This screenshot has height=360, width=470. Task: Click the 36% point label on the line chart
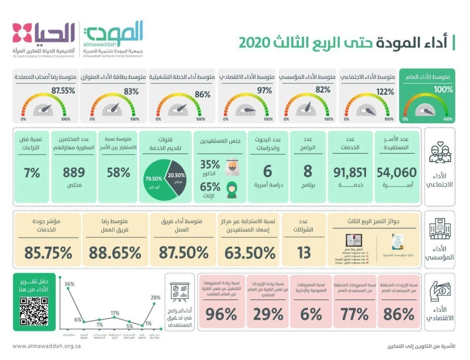point(69,284)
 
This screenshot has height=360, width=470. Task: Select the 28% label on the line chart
point(156,297)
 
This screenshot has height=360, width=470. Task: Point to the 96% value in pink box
point(221,314)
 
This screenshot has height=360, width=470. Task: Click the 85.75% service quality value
point(45,253)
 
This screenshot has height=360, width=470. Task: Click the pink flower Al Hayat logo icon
point(22,33)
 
